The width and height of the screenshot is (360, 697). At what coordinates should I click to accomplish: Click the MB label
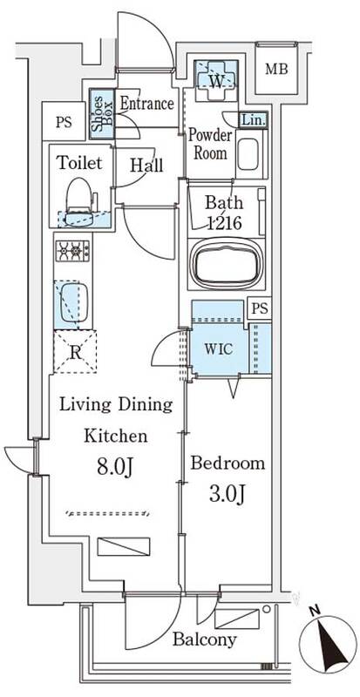pyautogui.click(x=277, y=69)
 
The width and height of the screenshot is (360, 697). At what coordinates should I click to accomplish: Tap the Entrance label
pyautogui.click(x=146, y=104)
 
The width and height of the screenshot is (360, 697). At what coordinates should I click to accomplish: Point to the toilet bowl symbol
pyautogui.click(x=79, y=201)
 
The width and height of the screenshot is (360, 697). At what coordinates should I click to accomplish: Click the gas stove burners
pyautogui.click(x=72, y=251)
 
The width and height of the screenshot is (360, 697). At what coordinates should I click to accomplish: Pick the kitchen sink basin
pyautogui.click(x=74, y=302)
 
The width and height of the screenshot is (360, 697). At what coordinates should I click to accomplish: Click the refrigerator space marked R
pyautogui.click(x=75, y=352)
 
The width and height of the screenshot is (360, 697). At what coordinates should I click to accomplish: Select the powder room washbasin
pyautogui.click(x=248, y=154)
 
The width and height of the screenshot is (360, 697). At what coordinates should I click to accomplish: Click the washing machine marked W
pyautogui.click(x=216, y=75)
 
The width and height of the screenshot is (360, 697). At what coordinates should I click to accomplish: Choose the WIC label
pyautogui.click(x=219, y=349)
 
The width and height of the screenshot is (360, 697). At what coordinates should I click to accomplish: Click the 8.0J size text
pyautogui.click(x=115, y=468)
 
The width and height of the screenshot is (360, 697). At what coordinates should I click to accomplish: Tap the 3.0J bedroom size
pyautogui.click(x=228, y=494)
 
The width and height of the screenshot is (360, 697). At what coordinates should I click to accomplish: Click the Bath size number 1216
pyautogui.click(x=224, y=222)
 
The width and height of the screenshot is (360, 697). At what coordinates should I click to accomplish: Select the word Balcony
pyautogui.click(x=205, y=640)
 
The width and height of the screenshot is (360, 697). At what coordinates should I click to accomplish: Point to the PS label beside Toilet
pyautogui.click(x=64, y=122)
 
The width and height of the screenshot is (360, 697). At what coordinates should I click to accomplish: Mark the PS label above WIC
pyautogui.click(x=260, y=309)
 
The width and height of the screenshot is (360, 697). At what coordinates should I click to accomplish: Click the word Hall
pyautogui.click(x=146, y=166)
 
